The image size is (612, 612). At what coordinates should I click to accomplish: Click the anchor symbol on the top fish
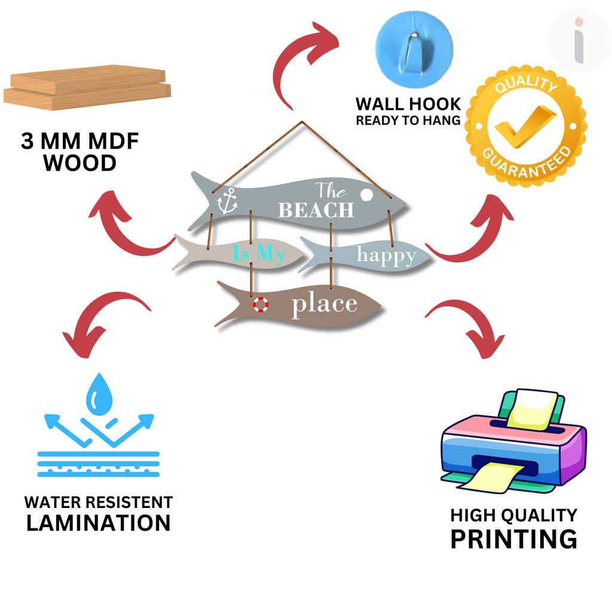tap(227, 201)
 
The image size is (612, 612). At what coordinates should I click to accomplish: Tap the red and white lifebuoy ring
tap(261, 304)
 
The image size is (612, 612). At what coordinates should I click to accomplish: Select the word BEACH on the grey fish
tap(316, 210)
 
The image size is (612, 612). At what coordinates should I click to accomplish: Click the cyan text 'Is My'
tap(259, 253)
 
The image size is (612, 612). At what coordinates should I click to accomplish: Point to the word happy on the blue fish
tap(387, 256)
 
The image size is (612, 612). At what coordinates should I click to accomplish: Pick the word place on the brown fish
tap(325, 304)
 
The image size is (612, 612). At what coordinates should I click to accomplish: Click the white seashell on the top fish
tap(366, 194)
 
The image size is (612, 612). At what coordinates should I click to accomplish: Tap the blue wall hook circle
tap(414, 49)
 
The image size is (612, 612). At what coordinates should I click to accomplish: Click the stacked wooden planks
tap(87, 87)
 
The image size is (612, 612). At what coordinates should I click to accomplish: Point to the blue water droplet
tap(99, 394)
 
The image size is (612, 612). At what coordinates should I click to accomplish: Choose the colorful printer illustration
tap(513, 441)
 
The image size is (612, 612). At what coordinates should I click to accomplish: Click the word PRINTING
tap(513, 540)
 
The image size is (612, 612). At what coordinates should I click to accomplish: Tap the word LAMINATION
tap(99, 523)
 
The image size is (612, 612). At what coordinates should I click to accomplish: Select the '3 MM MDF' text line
tap(79, 141)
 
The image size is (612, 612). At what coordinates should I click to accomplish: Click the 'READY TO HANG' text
tap(408, 120)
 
